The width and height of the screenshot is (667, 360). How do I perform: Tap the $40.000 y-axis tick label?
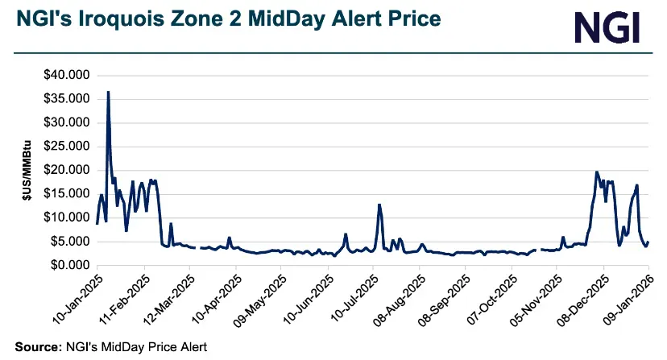(x=67, y=76)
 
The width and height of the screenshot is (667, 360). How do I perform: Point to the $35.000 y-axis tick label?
(x=67, y=99)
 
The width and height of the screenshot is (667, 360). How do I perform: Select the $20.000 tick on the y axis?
(x=67, y=170)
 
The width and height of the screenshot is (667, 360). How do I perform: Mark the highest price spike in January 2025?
(x=108, y=93)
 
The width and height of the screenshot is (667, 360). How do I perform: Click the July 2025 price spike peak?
(x=379, y=205)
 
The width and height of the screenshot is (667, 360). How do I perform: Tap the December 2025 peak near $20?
(x=596, y=172)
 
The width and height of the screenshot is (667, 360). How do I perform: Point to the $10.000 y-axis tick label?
(x=67, y=217)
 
